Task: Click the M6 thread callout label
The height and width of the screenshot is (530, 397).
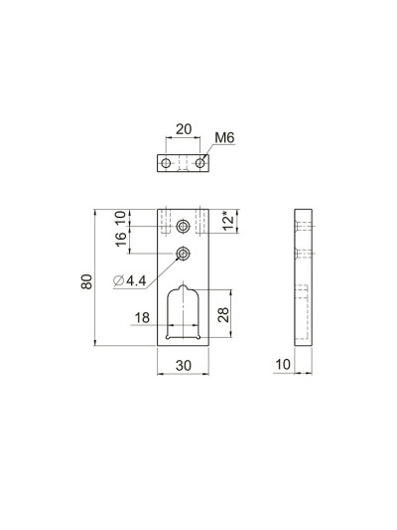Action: pyautogui.click(x=225, y=141)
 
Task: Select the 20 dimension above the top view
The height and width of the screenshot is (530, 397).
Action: pyautogui.click(x=183, y=129)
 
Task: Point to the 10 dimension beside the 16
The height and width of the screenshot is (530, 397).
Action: pyautogui.click(x=120, y=218)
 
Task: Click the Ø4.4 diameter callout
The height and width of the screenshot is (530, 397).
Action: pyautogui.click(x=130, y=281)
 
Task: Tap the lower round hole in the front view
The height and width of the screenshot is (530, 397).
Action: pyautogui.click(x=183, y=255)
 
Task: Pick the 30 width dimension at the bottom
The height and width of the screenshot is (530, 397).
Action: pyautogui.click(x=183, y=366)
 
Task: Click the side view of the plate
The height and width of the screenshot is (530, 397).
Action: pyautogui.click(x=304, y=278)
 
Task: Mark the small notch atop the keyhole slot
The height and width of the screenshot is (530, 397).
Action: pyautogui.click(x=183, y=287)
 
